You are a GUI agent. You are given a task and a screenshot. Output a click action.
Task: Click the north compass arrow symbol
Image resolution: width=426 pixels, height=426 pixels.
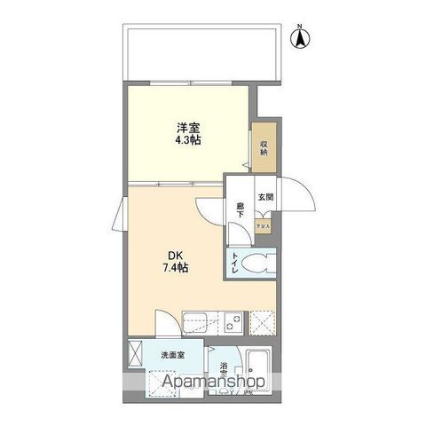click(x=301, y=37)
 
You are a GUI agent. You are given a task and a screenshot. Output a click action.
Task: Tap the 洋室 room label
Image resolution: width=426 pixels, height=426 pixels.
click(x=185, y=127)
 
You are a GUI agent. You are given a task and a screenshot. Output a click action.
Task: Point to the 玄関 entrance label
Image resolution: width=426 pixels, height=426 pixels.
click(x=265, y=198)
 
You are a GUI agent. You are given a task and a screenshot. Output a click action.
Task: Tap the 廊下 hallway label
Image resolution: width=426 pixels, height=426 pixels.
click(x=240, y=210)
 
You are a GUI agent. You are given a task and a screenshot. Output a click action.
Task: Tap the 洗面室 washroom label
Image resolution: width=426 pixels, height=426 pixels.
click(x=172, y=355)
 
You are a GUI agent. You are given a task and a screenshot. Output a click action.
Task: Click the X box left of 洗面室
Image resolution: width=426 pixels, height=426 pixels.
click(x=136, y=352)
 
